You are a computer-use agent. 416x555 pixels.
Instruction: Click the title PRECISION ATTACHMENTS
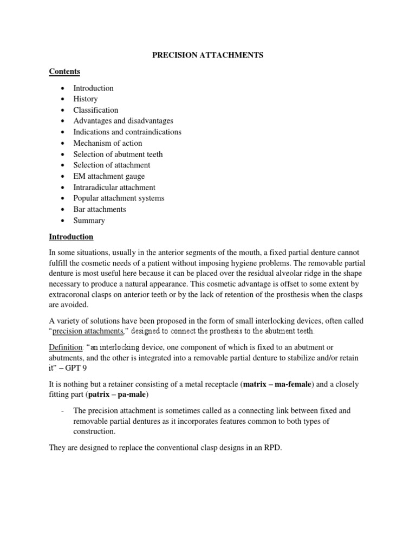(207, 56)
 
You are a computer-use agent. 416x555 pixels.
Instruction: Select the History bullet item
(86, 99)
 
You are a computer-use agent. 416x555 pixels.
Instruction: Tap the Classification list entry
(96, 110)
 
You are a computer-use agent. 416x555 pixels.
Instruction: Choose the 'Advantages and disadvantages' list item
(123, 121)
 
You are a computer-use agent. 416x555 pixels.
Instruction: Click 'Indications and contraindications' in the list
(127, 132)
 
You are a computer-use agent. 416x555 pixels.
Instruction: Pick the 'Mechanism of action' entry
(108, 143)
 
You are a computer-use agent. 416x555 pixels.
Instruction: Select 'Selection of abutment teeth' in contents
(118, 154)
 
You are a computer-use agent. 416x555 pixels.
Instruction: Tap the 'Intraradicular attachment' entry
(114, 188)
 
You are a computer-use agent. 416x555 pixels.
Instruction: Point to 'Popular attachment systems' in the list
(119, 198)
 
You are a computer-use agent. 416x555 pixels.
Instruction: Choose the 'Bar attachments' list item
(100, 209)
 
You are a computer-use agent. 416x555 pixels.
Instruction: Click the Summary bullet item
(89, 221)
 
